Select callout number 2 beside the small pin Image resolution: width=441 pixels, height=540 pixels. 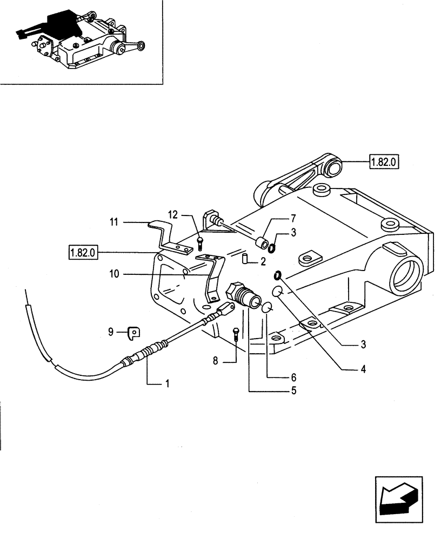point(263,261)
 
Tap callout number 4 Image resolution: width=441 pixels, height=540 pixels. point(363,370)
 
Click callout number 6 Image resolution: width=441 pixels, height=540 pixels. point(293,377)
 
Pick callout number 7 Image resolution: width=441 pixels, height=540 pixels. point(293,219)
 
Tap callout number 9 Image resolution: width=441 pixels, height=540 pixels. point(110,332)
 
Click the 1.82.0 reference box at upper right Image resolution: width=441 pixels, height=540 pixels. point(383,161)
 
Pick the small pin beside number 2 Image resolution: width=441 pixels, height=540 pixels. point(244,258)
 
